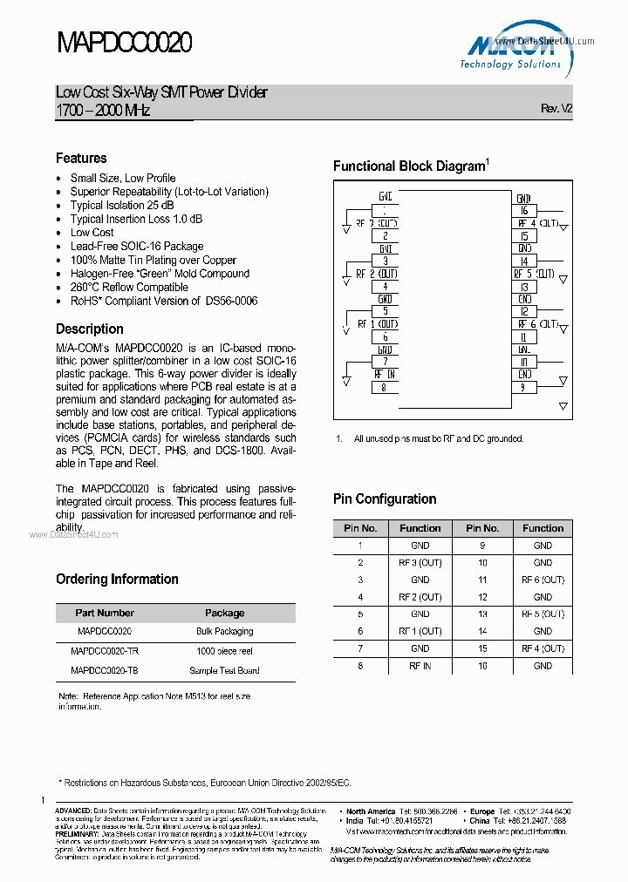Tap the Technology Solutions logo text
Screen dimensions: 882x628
pos(510,64)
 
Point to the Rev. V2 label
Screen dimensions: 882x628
pos(556,109)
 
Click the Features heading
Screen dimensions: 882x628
pos(81,159)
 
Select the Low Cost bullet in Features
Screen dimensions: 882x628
pos(92,233)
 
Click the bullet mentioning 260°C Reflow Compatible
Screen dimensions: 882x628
pos(129,287)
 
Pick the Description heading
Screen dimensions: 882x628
pos(90,329)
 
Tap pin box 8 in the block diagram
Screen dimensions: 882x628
pos(385,388)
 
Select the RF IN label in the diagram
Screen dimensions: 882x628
pos(385,373)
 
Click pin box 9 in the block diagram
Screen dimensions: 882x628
pos(524,388)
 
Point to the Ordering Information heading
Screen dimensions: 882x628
pos(117,580)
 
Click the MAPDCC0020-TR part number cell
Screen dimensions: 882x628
pos(104,651)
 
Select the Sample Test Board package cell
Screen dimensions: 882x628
pos(224,671)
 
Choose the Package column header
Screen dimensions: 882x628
pos(224,613)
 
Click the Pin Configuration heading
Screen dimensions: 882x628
pos(385,499)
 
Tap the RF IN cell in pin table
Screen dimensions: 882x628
pos(420,666)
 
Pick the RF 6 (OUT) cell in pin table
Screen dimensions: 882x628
pos(543,580)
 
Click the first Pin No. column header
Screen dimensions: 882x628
pos(360,528)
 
